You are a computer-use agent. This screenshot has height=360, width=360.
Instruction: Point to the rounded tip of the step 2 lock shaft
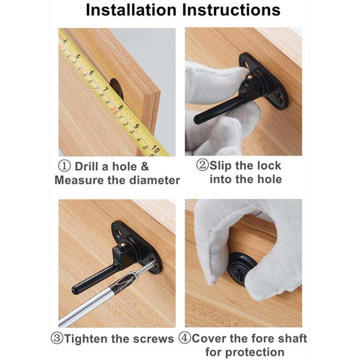pos(198,120)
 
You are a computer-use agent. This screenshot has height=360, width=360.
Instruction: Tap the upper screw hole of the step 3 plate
pos(118,233)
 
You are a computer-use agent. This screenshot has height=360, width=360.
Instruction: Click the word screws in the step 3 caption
pos(155,338)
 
